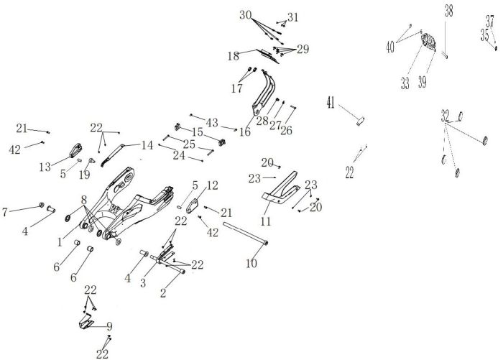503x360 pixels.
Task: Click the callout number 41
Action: (331, 103)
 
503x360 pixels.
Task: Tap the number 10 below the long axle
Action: (251, 264)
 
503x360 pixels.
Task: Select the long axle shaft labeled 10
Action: (246, 234)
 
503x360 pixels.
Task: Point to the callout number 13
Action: (45, 167)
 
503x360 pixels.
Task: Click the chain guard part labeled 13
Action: (75, 150)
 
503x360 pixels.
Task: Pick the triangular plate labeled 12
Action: (193, 206)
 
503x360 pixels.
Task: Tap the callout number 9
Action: (110, 327)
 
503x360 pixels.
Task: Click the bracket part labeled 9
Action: (86, 322)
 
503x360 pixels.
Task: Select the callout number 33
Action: (405, 84)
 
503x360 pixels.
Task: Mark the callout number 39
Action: (423, 83)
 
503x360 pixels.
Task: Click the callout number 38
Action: (449, 11)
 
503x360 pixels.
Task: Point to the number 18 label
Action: (234, 56)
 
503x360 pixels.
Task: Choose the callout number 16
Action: (245, 131)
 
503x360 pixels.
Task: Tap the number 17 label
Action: (237, 88)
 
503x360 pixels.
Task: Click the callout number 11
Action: (266, 221)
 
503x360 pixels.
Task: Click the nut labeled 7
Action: (42, 205)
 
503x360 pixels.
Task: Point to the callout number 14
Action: (147, 145)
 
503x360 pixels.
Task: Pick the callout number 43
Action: (212, 123)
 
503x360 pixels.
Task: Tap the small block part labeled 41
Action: (361, 121)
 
